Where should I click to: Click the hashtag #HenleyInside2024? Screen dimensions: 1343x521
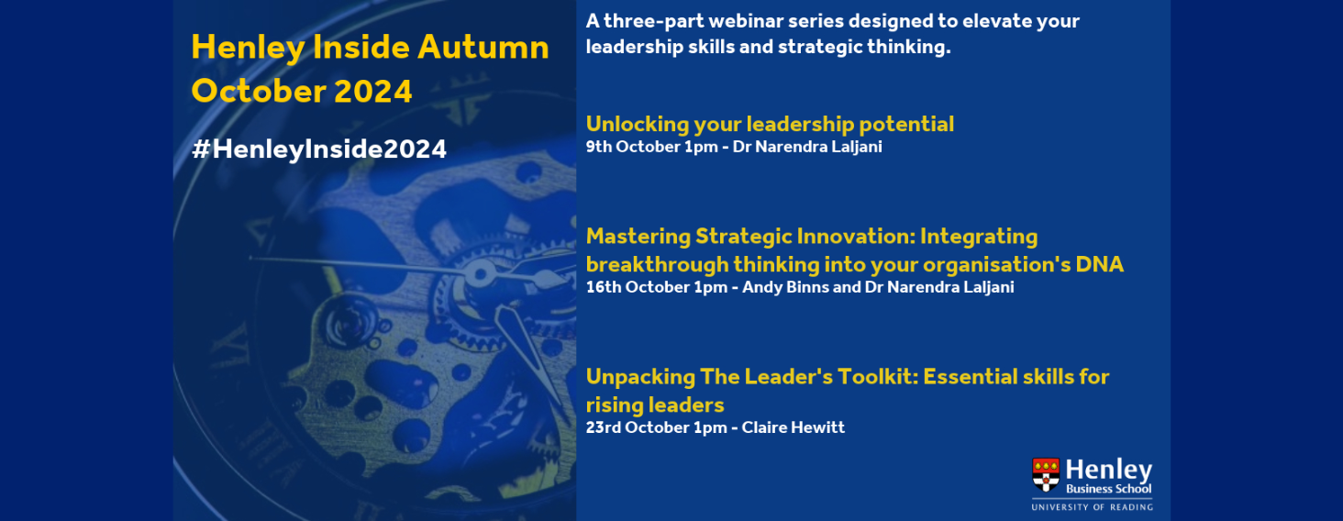[319, 150]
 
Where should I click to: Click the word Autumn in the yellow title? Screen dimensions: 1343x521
[483, 48]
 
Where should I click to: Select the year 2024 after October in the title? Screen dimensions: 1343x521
[373, 92]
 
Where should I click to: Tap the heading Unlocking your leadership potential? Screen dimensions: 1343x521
[770, 124]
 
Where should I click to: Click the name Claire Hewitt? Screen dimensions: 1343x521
[794, 427]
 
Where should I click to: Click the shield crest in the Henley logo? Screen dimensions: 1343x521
[1046, 474]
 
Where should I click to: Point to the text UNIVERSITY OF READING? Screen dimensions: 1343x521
[1092, 507]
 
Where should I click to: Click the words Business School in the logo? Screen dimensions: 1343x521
[1108, 489]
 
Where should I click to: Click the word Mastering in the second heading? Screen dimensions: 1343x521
[638, 237]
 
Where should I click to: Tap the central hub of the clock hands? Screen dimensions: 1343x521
[480, 275]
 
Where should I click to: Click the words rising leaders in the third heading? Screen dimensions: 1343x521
[655, 405]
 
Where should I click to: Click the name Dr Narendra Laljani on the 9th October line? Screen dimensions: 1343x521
[807, 147]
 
